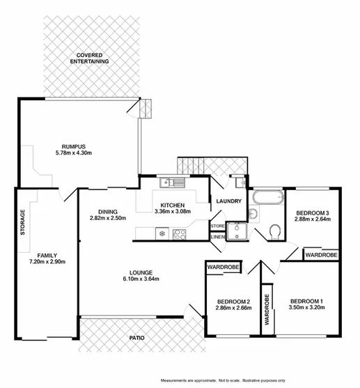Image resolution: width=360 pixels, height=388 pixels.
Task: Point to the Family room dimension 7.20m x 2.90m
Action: (x=47, y=262)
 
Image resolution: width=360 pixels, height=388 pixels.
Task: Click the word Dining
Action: (x=107, y=212)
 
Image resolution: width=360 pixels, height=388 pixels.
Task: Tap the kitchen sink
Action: (x=172, y=183)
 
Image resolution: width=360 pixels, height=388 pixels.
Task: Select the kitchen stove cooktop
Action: (x=178, y=234)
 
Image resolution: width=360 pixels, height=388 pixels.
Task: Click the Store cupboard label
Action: (x=218, y=226)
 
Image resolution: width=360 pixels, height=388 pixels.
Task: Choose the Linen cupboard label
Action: (x=218, y=238)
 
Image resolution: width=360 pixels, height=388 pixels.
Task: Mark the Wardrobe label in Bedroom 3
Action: (x=321, y=256)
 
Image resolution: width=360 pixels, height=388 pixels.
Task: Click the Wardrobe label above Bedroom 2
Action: (x=222, y=267)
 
